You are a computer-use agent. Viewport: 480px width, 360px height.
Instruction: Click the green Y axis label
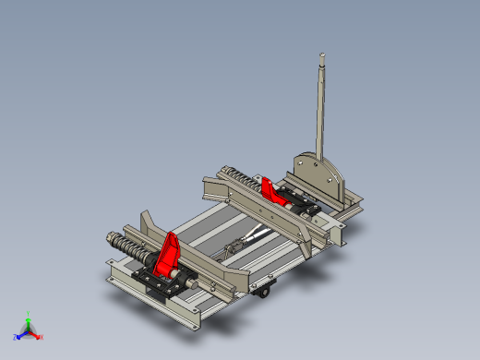(x=29, y=314)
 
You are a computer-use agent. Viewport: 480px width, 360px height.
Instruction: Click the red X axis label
(x=42, y=337)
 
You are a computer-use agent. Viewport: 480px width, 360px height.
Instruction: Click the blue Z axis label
(x=16, y=337)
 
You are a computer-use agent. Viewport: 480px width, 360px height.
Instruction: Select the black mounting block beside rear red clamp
(x=300, y=198)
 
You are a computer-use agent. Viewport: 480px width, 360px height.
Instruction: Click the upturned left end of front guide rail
(x=146, y=222)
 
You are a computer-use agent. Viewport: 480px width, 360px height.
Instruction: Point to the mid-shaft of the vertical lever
(x=320, y=111)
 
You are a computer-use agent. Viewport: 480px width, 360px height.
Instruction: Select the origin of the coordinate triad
(x=29, y=330)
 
